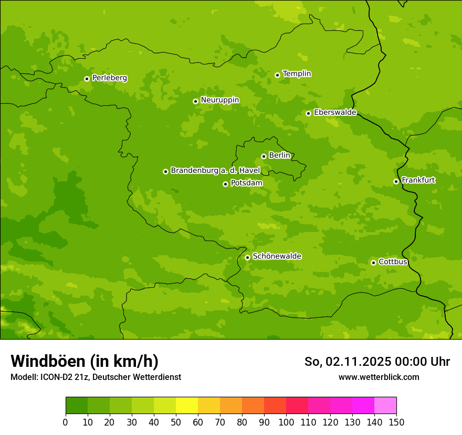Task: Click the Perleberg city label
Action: coord(109,78)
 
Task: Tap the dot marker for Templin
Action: coord(277,75)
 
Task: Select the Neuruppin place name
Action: coord(219,100)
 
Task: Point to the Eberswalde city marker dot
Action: coord(308,113)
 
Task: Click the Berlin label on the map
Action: coord(279,155)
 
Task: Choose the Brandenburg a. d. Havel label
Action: coord(215,170)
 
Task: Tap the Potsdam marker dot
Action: coord(225,184)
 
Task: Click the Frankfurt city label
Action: coord(418,180)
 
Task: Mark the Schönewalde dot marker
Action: coord(247,257)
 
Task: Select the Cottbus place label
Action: coord(393,262)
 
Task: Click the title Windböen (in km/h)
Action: coord(85,361)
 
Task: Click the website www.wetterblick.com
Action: coord(379,377)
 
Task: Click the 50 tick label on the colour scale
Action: coord(176,422)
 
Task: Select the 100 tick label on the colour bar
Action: coord(286,422)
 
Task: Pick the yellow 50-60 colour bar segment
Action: coord(187,406)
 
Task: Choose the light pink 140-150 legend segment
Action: coord(385,406)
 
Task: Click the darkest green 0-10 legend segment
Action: coord(77,406)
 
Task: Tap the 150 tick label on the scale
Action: coord(396,422)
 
